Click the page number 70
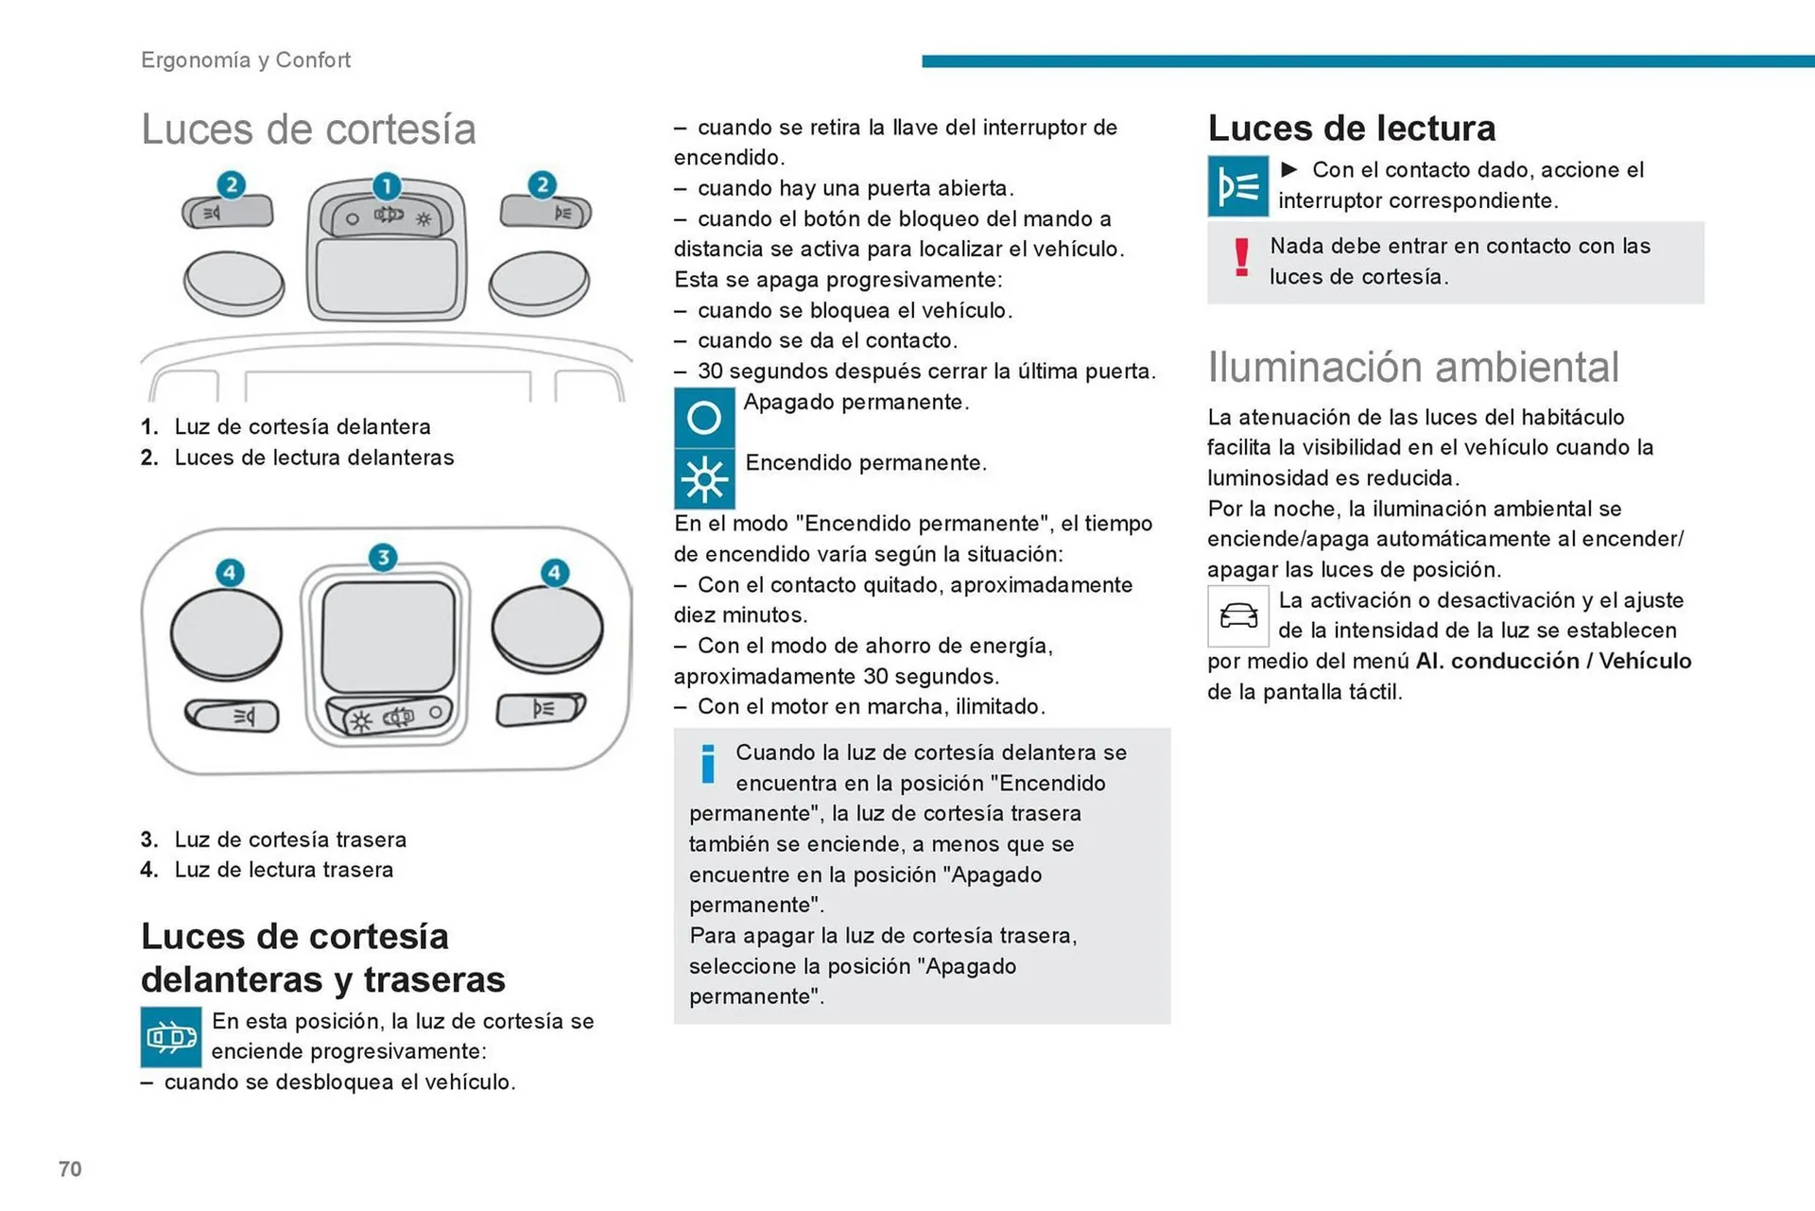70,1168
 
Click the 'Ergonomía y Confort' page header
245,60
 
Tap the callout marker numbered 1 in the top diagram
386,185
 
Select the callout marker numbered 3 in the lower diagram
383,557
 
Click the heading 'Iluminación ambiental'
1412,367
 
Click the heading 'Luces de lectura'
1351,128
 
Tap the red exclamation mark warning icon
1241,258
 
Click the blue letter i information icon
707,764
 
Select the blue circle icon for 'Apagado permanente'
703,417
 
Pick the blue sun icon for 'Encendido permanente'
703,479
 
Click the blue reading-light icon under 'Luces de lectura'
1237,186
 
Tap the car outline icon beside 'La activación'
1237,616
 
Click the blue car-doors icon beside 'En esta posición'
171,1037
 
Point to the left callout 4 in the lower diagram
230,572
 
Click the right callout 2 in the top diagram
542,184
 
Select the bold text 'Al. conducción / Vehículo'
1552,661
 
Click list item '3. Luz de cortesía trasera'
274,839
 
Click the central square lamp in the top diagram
386,276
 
